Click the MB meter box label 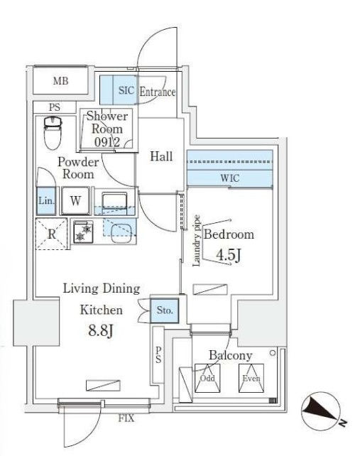[61, 81]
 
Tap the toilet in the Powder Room [53, 134]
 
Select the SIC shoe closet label [126, 90]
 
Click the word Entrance [158, 92]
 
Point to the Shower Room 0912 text [107, 129]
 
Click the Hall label [161, 156]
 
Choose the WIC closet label [230, 178]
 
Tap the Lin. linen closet [46, 201]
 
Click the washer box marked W [75, 201]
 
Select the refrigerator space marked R [51, 234]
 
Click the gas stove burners [83, 232]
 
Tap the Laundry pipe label [197, 241]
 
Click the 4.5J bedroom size [228, 256]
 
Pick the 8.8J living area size [101, 330]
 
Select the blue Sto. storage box [165, 310]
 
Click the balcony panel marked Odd [207, 378]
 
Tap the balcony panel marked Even [251, 378]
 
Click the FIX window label [126, 418]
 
